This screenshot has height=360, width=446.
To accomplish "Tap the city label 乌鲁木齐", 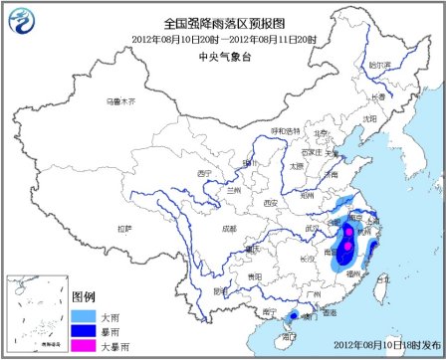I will pos(118,101).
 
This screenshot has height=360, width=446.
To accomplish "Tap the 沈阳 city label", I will pos(369,117).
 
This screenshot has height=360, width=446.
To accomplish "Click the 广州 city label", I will pos(316,294).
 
